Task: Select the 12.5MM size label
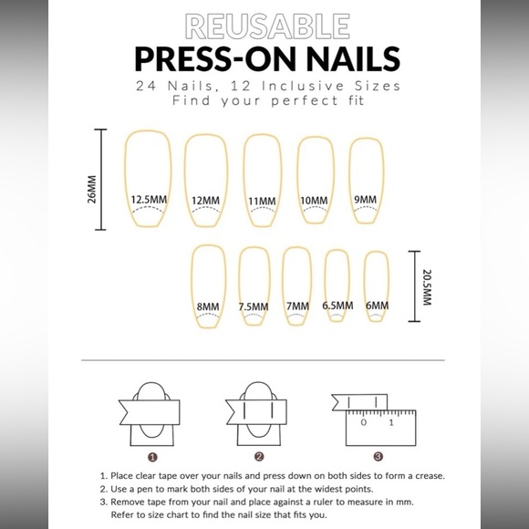click(x=148, y=199)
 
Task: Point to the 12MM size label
click(x=205, y=201)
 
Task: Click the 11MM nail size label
click(x=261, y=201)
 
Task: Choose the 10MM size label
click(x=313, y=200)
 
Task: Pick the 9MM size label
click(x=365, y=199)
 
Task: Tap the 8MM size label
click(x=208, y=306)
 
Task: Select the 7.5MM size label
click(x=254, y=306)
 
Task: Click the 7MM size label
click(x=296, y=306)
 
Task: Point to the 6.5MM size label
click(x=337, y=306)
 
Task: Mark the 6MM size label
click(x=377, y=306)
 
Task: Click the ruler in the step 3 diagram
click(x=379, y=426)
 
